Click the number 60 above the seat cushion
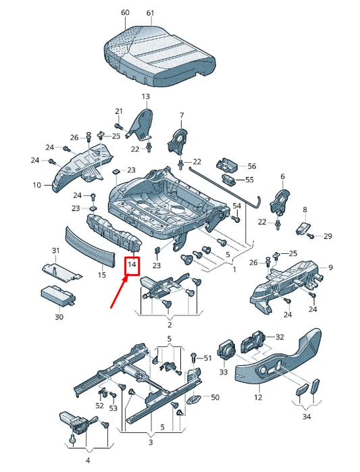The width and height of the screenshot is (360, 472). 124,13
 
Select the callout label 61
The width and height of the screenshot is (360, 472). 150,13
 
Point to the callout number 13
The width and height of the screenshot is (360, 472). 146,97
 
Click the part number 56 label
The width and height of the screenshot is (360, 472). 252,165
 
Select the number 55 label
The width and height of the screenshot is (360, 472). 249,180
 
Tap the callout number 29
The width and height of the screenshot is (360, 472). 328,236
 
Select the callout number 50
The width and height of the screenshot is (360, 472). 215,397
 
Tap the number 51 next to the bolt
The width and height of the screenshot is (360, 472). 207,358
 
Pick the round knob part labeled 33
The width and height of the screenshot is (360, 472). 228,349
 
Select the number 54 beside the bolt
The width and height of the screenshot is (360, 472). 236,205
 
